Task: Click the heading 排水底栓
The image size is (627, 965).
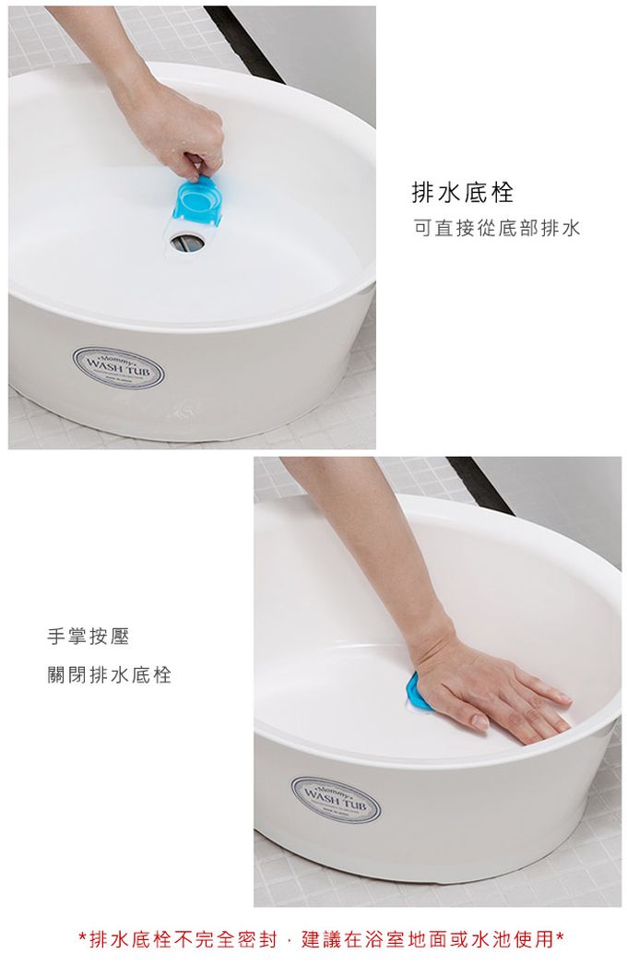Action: point(462,193)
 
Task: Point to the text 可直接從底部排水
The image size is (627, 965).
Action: point(496,228)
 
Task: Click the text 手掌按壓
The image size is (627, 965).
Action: point(89,637)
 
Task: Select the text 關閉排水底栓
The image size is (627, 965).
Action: point(110,674)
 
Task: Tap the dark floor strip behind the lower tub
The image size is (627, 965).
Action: point(479,484)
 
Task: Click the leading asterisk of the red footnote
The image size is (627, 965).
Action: point(82,940)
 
